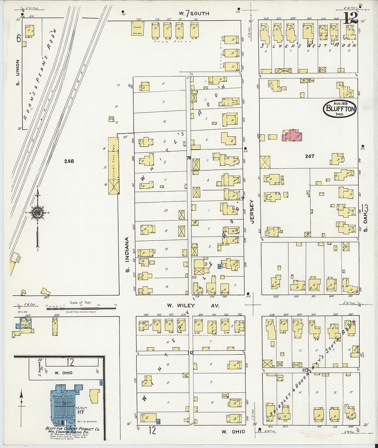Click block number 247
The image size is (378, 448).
(310, 156)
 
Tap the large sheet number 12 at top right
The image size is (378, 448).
(351, 18)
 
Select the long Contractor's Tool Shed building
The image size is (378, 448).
(113, 166)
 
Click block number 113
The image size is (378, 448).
(305, 370)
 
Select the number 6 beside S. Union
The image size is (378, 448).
(18, 38)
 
